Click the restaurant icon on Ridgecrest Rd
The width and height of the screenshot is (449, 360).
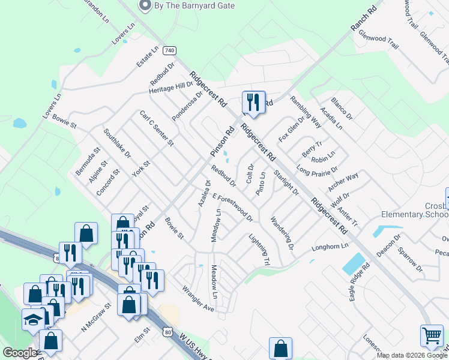pyautogui.click(x=253, y=103)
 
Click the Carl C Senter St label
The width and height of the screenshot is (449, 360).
pyautogui.click(x=157, y=128)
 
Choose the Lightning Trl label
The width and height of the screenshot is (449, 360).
pyautogui.click(x=260, y=250)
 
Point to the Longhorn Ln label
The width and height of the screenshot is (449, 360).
pyautogui.click(x=330, y=247)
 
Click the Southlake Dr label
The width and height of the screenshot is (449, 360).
pyautogui.click(x=116, y=143)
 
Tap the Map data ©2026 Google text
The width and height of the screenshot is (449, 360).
pyautogui.click(x=412, y=355)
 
